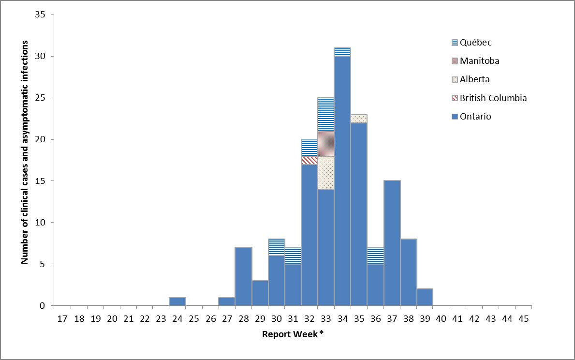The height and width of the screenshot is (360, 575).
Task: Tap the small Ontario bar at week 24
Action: click(x=177, y=301)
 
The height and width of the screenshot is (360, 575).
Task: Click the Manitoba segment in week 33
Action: click(x=326, y=144)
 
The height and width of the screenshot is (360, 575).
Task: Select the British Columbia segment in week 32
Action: click(x=310, y=160)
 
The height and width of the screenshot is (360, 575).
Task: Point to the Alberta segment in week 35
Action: click(x=359, y=119)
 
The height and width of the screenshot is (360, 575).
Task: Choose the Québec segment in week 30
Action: click(x=276, y=247)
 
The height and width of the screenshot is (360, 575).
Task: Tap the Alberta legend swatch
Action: click(x=454, y=80)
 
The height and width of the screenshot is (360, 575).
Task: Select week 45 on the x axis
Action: click(x=524, y=319)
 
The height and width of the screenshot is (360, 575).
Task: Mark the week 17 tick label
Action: click(x=62, y=319)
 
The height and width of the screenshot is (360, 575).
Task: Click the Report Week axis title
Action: click(x=293, y=334)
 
